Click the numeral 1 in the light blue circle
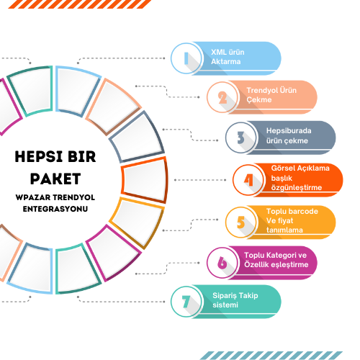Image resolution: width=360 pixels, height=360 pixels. click(186, 58)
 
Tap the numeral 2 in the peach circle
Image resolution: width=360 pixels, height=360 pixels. click(222, 97)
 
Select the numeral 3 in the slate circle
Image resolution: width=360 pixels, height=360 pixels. click(240, 138)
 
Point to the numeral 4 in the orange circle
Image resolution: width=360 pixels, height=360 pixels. click(248, 180)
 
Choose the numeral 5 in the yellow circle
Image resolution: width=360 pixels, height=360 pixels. click(240, 222)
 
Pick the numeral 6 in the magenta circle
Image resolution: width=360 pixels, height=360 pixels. click(222, 263)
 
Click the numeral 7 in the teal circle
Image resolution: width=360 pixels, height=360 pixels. click(186, 302)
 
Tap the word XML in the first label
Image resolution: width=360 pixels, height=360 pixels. click(218, 52)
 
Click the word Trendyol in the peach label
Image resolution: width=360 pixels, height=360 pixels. click(262, 91)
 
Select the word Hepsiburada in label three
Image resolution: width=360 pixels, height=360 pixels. click(289, 131)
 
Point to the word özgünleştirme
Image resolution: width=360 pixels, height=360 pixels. click(297, 188)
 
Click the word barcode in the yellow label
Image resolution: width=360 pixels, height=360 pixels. click(303, 211)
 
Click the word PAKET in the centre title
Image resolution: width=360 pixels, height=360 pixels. click(55, 179)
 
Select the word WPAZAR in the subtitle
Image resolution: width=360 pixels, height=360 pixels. click(33, 197)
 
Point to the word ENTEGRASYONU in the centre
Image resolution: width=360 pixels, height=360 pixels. click(55, 209)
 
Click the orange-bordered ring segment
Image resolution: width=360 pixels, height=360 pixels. click(144, 180)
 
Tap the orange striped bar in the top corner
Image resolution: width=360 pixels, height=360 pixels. click(80, 4)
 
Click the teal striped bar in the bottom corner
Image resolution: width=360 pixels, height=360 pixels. click(271, 356)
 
